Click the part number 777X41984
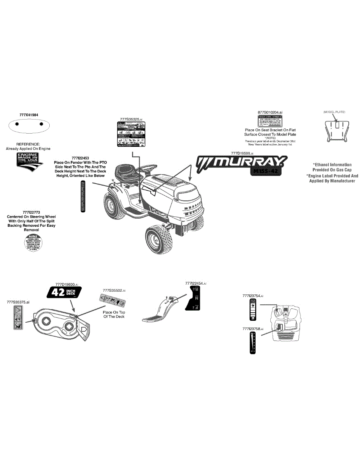point(31,115)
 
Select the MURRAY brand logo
point(242,162)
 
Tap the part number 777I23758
point(252,329)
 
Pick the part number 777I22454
point(195,283)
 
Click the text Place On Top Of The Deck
point(114,314)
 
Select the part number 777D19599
point(242,153)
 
